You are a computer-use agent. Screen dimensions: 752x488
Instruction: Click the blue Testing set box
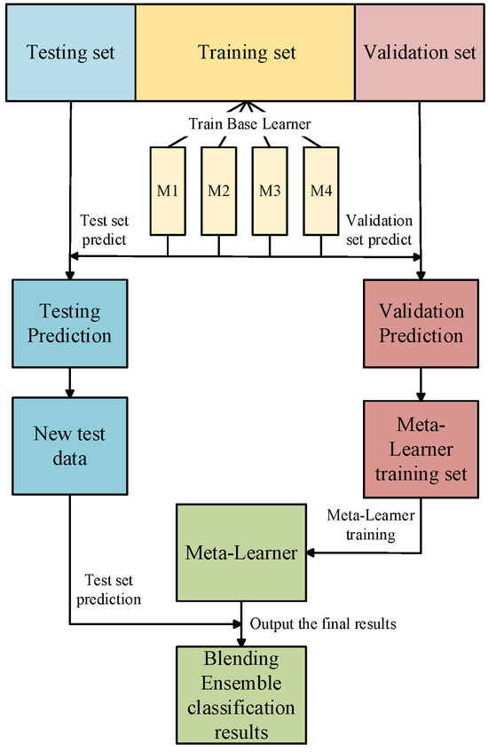click(69, 52)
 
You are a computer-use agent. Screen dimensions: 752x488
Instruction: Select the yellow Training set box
click(244, 52)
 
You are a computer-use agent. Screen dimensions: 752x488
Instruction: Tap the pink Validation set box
click(420, 52)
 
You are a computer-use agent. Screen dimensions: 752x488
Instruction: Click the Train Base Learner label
click(244, 121)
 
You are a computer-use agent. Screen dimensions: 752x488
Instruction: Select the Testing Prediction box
click(69, 323)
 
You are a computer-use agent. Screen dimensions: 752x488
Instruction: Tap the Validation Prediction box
click(421, 323)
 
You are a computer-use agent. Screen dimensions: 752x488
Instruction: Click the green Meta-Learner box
click(241, 552)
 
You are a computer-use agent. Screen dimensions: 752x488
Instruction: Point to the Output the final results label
click(322, 624)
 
